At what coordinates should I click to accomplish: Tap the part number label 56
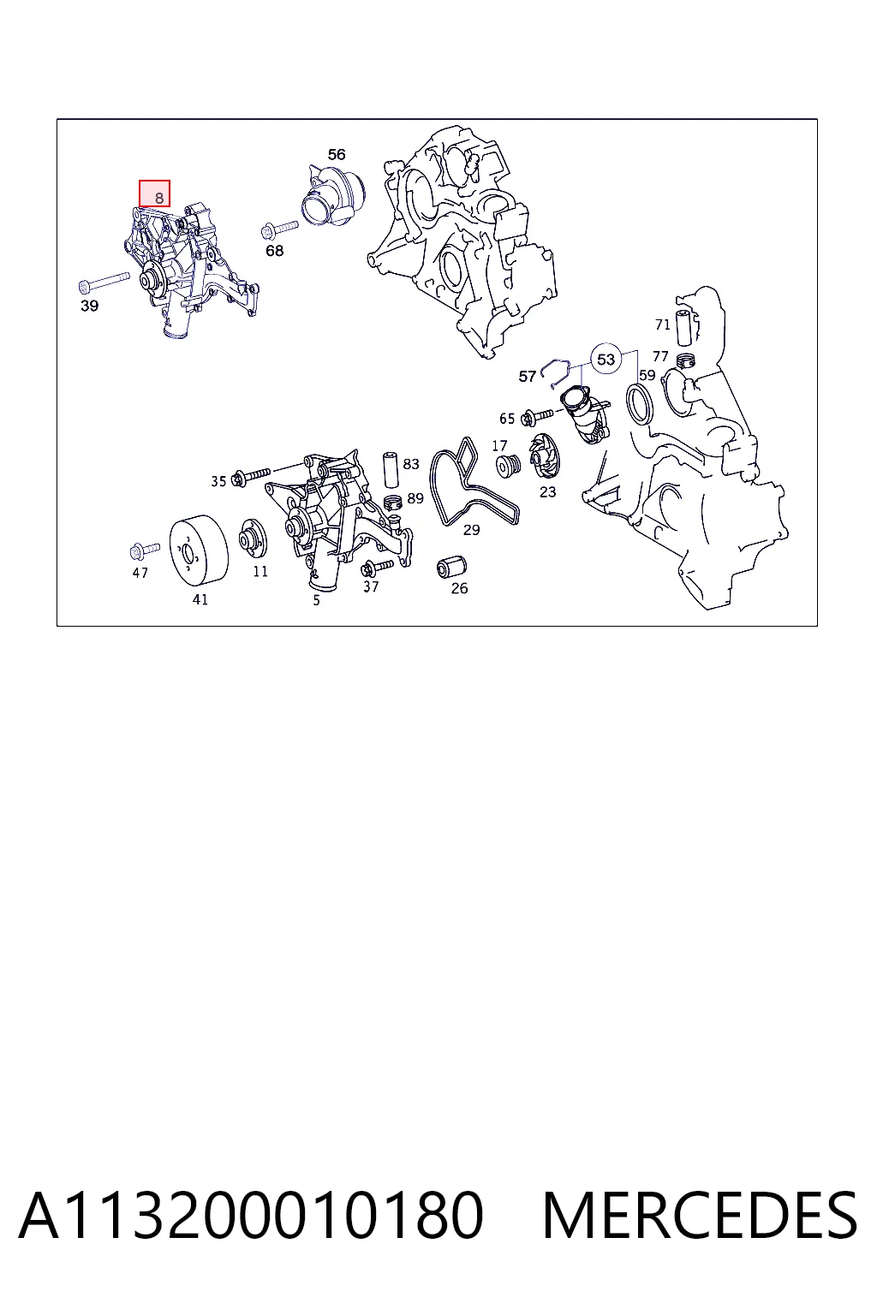click(x=337, y=154)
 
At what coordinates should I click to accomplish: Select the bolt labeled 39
click(x=104, y=283)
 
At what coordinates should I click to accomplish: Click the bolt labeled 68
click(x=279, y=229)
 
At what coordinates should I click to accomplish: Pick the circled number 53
click(x=606, y=359)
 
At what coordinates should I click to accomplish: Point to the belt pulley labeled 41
click(x=199, y=550)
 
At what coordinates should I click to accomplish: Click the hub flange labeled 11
click(x=254, y=538)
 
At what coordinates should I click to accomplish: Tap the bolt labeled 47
click(x=145, y=550)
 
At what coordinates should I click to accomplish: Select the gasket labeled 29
click(x=474, y=482)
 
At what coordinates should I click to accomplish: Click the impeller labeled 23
click(x=545, y=456)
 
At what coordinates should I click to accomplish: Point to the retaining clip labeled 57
click(x=555, y=373)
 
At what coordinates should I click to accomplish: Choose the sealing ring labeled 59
click(x=639, y=403)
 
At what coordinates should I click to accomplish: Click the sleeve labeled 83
click(x=391, y=470)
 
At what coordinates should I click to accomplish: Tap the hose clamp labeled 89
click(x=392, y=503)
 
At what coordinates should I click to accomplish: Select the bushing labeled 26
click(x=451, y=567)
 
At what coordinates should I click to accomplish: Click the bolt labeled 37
click(x=377, y=567)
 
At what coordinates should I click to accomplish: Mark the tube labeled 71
click(x=685, y=326)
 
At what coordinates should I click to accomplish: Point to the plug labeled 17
click(x=508, y=466)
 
